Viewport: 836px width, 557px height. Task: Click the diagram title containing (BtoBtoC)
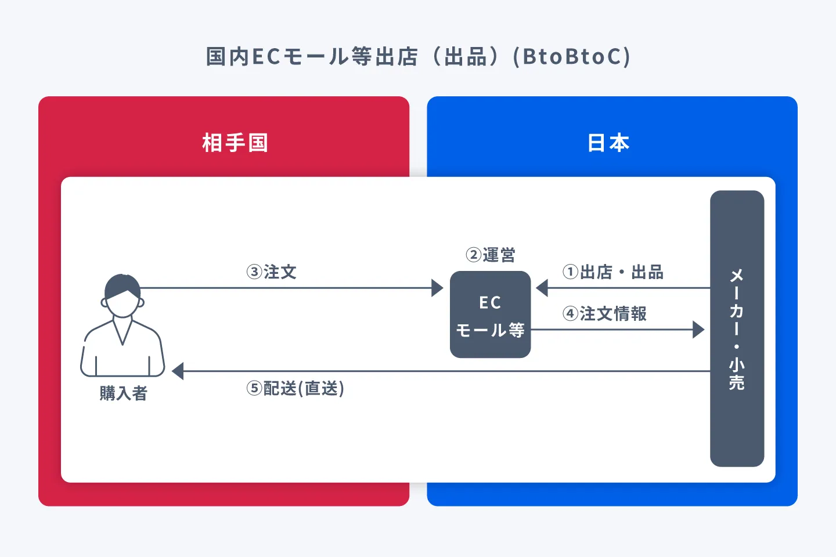(x=418, y=57)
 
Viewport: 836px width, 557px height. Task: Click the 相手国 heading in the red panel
(x=235, y=143)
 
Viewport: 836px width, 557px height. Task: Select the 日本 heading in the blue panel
(x=608, y=143)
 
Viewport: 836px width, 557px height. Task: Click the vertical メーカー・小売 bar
(x=737, y=328)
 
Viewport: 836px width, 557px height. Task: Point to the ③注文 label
(x=272, y=272)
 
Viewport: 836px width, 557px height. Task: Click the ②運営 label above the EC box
(x=491, y=255)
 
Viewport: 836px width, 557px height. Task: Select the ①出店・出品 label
(x=613, y=272)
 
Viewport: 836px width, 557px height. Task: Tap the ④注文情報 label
(x=604, y=314)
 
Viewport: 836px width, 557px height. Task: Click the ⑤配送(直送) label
(x=296, y=388)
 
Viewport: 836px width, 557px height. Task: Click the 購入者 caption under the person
(x=123, y=393)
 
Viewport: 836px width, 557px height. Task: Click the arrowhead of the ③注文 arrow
(x=438, y=288)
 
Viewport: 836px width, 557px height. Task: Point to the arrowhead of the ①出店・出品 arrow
(x=542, y=288)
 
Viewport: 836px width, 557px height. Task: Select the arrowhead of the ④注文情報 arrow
(x=698, y=330)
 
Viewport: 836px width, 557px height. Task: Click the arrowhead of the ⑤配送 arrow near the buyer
(x=178, y=371)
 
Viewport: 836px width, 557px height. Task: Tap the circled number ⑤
(x=254, y=388)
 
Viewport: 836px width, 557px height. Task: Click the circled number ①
(x=571, y=272)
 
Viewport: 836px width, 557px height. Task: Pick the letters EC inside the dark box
(x=490, y=303)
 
